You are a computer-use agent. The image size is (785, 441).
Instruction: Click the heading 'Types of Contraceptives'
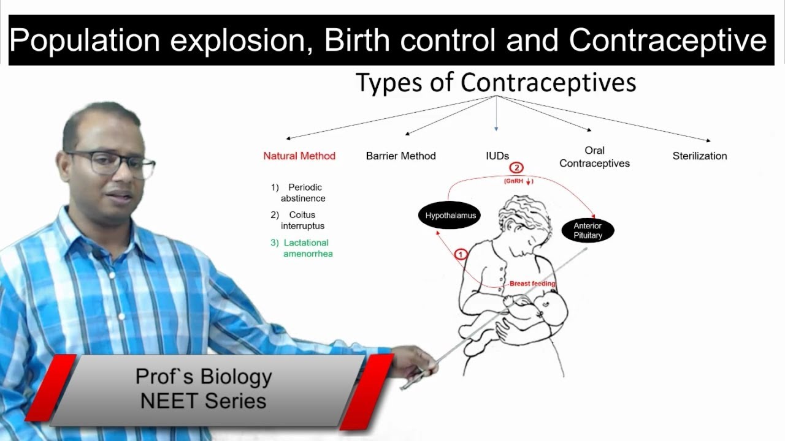(496, 83)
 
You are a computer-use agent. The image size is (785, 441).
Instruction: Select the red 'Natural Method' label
(299, 156)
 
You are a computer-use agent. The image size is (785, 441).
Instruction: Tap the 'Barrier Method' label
(400, 156)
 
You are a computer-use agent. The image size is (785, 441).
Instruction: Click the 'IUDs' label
(497, 156)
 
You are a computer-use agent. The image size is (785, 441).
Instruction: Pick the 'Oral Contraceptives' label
(594, 157)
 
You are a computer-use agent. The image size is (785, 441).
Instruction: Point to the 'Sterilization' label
(700, 156)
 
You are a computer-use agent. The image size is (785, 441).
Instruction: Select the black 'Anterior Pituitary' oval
(588, 230)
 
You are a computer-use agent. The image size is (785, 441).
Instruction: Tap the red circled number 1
(461, 254)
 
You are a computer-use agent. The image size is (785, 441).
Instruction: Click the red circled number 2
(516, 168)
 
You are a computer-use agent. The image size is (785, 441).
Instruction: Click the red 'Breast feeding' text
(532, 284)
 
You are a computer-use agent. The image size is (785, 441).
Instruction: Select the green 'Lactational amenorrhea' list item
(305, 248)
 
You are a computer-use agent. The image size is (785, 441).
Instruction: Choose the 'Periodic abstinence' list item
(301, 193)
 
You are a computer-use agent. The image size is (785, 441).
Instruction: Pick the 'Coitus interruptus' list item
(300, 221)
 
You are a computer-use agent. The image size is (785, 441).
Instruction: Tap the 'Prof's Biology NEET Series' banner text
(203, 388)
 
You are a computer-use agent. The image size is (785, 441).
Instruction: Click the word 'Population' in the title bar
(85, 40)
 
